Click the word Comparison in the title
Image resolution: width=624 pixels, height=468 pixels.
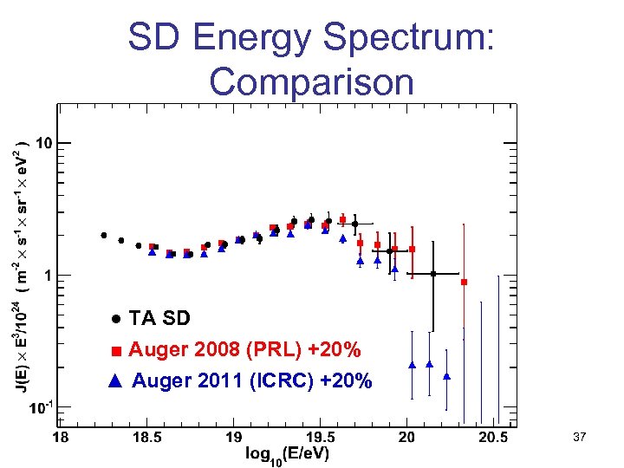[x=311, y=82]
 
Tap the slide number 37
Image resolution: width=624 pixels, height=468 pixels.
[x=580, y=439]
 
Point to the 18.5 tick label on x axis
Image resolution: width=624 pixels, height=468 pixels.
[x=146, y=439]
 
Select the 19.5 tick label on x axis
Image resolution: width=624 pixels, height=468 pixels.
[x=319, y=439]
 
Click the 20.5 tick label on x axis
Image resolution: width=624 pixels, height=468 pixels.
[x=493, y=439]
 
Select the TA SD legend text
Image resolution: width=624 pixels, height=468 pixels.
[x=159, y=318]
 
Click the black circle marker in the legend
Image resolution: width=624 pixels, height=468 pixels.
[x=115, y=319]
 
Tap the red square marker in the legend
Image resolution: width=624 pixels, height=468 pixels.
[x=116, y=351]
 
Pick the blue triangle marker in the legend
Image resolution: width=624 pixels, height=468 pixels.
[x=116, y=380]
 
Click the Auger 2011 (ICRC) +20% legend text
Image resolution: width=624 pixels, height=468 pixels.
[x=252, y=380]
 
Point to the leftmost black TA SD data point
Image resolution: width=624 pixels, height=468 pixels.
[x=104, y=235]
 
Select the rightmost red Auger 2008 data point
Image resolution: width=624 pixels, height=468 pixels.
[x=464, y=283]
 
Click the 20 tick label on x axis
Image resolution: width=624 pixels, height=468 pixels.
[x=406, y=439]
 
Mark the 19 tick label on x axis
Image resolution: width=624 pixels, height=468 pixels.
[x=233, y=439]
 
